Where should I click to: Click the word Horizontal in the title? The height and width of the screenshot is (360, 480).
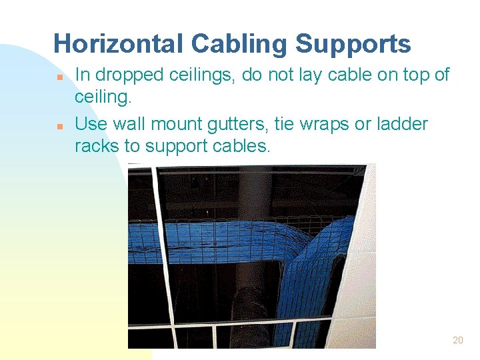pos(118,44)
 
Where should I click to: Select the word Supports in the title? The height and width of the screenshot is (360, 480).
pos(353,44)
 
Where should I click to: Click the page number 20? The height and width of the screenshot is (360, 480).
pos(457,340)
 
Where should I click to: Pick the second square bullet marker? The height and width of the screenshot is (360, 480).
pos(59,125)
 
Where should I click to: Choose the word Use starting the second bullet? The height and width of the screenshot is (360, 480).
pos(91,124)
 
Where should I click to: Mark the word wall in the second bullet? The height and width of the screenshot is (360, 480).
pos(127,124)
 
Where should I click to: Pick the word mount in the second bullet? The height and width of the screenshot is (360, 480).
pos(173,125)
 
